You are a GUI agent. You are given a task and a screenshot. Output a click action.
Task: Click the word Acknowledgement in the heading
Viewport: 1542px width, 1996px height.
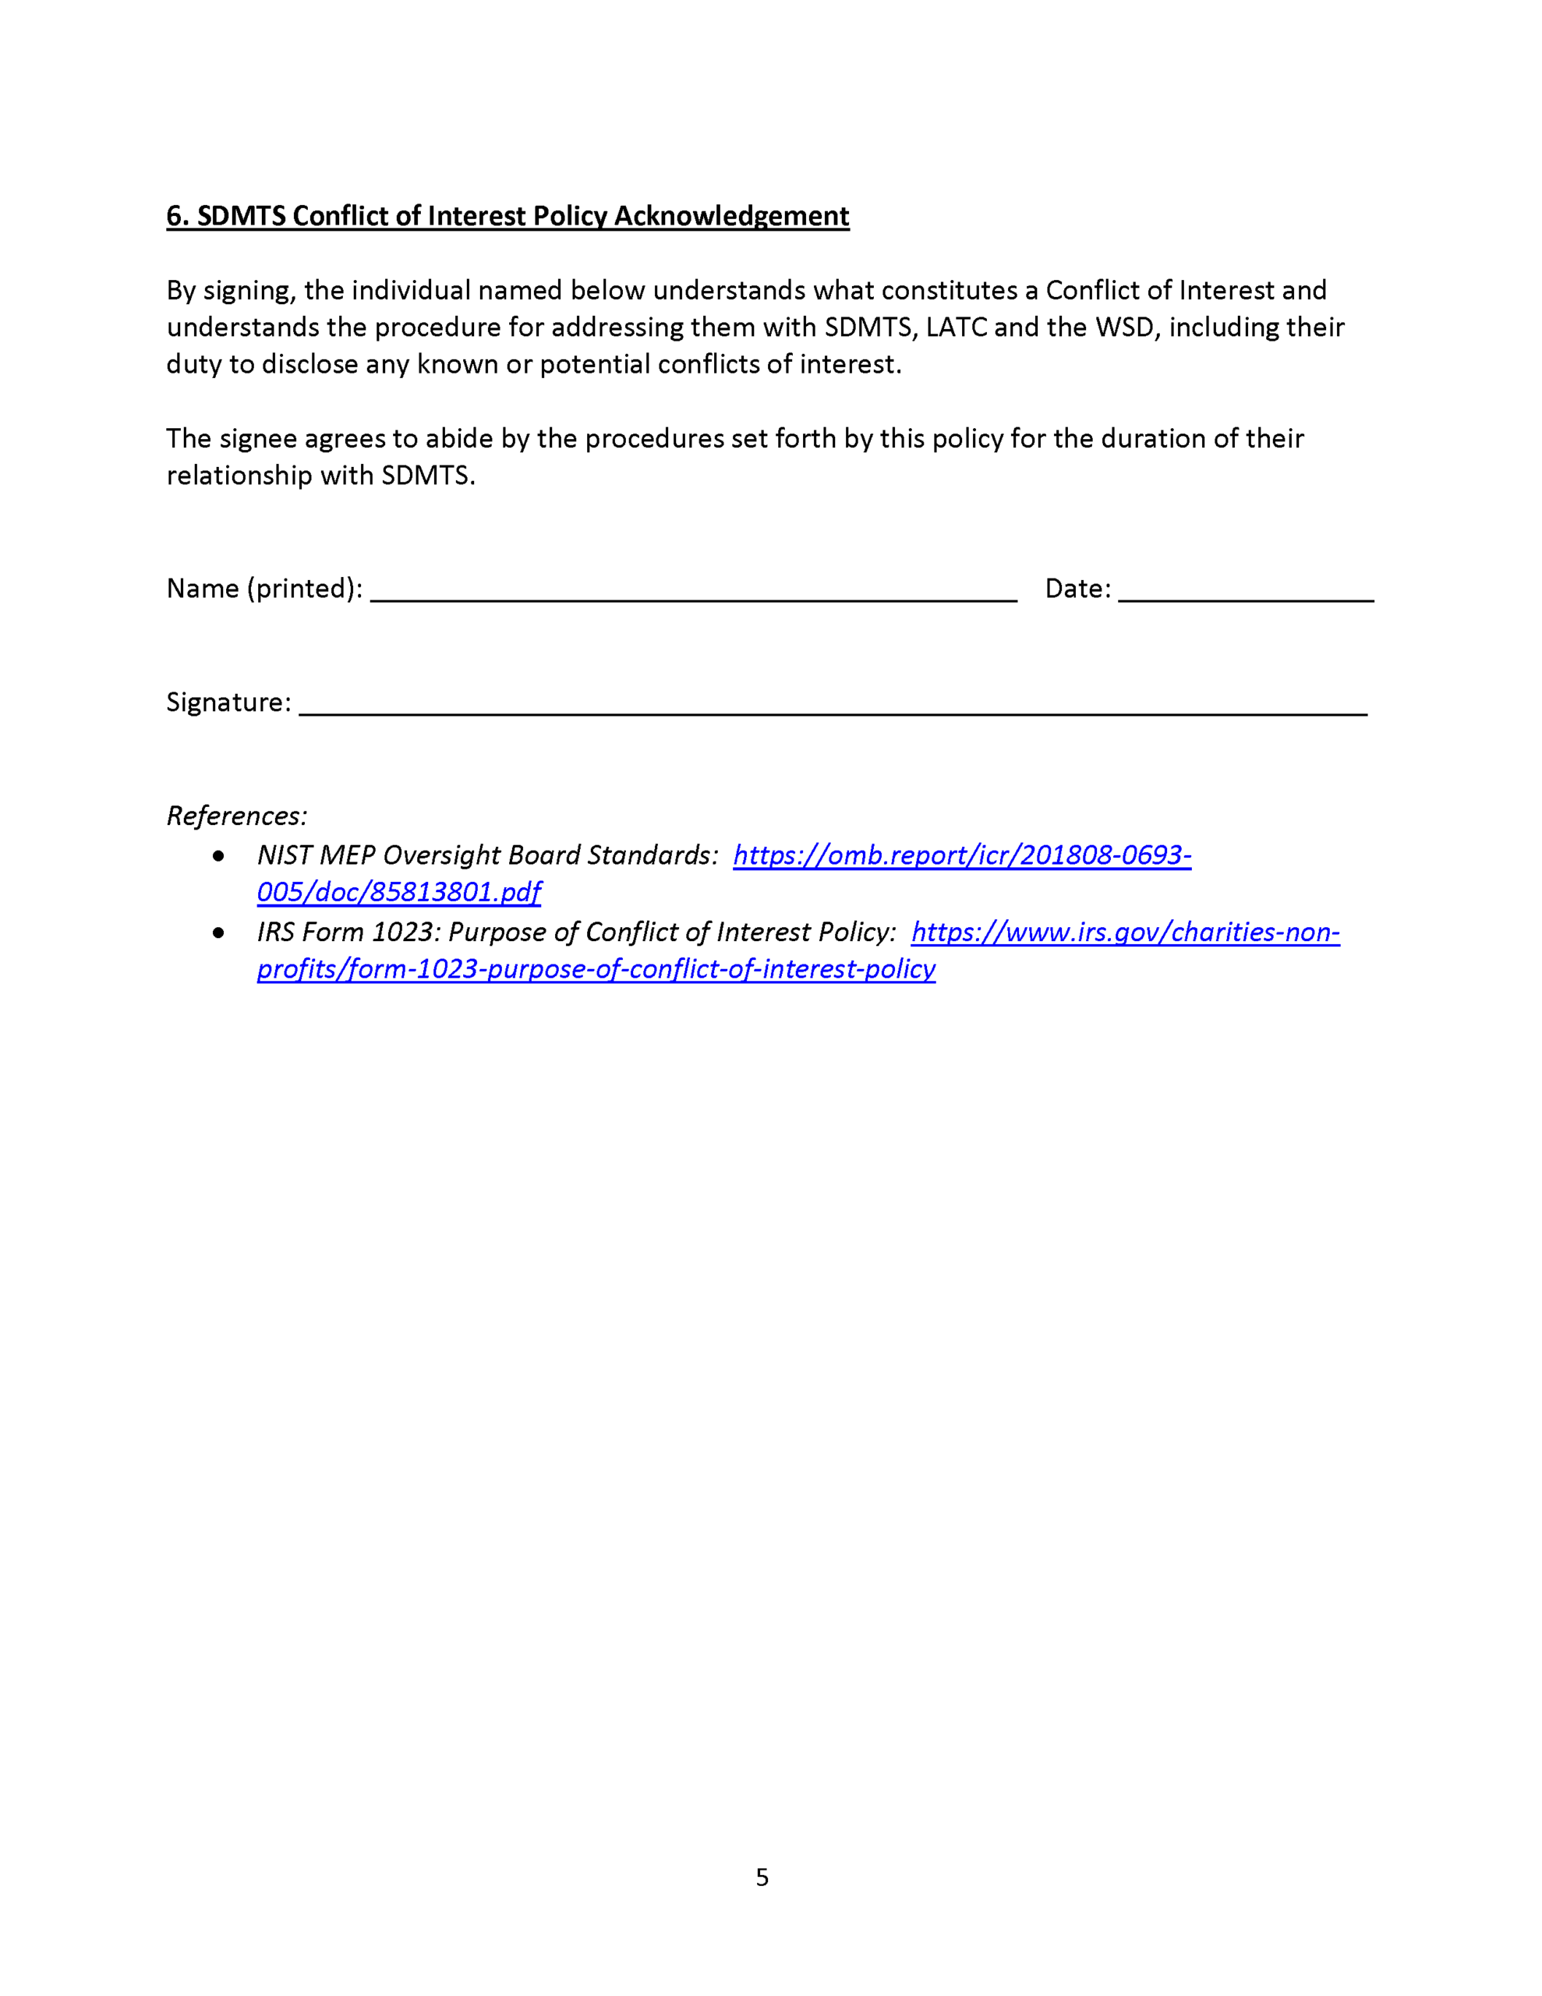point(731,217)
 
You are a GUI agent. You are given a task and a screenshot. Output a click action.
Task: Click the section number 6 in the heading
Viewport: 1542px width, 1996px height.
point(175,217)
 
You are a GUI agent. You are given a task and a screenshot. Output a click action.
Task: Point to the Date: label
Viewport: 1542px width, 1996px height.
point(1077,589)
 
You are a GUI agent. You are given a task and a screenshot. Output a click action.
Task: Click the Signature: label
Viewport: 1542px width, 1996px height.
point(228,702)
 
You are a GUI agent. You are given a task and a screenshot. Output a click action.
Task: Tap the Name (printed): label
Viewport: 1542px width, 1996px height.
point(264,589)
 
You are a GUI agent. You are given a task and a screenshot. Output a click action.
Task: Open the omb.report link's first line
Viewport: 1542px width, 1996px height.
point(961,855)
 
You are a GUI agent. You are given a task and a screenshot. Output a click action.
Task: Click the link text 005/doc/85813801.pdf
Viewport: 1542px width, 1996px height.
point(398,893)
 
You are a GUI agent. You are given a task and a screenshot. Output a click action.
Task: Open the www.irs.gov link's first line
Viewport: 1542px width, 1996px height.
point(1125,933)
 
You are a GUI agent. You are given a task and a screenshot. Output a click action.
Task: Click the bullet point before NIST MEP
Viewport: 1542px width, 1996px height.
point(218,856)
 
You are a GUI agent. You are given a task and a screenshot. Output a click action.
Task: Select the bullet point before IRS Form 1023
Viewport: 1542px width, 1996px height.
point(218,933)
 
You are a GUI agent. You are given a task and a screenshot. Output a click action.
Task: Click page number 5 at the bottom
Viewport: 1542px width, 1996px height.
point(762,1878)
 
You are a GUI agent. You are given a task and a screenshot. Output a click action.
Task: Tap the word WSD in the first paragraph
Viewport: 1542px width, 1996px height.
point(1124,327)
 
